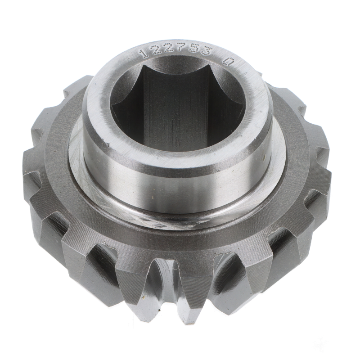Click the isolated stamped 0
[229, 61]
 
